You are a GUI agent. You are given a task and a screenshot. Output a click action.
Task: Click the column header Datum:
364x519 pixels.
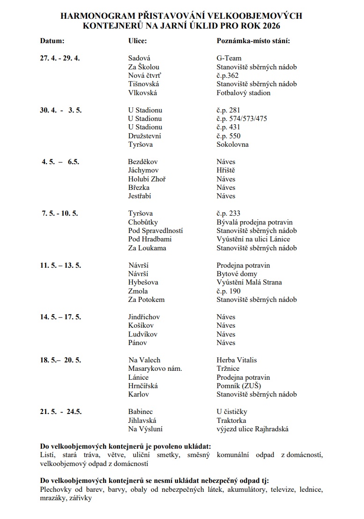[x=52, y=41]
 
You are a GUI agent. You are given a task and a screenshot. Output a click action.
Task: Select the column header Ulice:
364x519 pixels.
[x=138, y=41]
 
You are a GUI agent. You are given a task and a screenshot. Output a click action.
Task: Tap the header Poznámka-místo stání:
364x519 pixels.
[x=253, y=41]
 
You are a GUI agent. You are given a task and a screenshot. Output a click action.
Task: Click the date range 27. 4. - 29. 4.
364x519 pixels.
[x=60, y=58]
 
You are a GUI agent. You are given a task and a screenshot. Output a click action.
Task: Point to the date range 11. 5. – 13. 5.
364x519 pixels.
[x=60, y=265]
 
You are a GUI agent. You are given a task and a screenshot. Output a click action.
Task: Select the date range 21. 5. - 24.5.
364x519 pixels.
[x=61, y=412]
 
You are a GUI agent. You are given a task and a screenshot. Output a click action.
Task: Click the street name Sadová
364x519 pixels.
[x=139, y=58]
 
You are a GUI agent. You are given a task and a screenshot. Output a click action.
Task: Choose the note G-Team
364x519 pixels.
[x=229, y=58]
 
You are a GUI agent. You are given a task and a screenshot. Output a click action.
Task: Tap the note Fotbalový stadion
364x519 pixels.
[x=243, y=93]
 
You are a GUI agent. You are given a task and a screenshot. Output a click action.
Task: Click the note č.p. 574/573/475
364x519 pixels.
[x=242, y=119]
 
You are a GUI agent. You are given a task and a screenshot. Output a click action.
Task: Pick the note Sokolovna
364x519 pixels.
[x=232, y=144]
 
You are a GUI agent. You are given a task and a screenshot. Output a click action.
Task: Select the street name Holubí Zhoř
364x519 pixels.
[x=147, y=179]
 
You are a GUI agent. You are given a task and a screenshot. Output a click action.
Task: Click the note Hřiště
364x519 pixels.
[x=226, y=171]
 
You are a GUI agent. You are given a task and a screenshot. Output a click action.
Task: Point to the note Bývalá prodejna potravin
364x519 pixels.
[x=254, y=222]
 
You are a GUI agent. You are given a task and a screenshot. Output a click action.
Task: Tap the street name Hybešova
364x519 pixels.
[x=143, y=282]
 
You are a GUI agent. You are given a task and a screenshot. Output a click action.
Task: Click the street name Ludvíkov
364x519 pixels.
[x=143, y=334]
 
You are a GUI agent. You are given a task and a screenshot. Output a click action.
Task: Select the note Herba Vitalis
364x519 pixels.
[x=237, y=360]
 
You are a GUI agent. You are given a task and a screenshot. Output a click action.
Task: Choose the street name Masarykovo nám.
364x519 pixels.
[x=155, y=369]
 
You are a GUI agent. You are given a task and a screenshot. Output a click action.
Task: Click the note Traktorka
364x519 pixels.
[x=231, y=421]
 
